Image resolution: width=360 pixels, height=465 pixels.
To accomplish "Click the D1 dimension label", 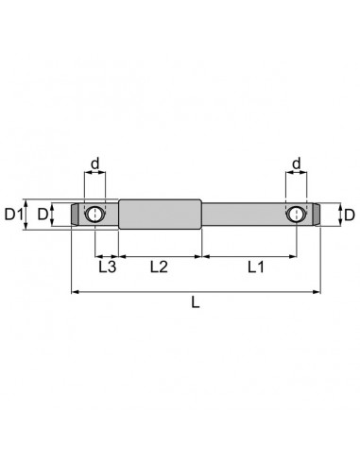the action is [14, 215].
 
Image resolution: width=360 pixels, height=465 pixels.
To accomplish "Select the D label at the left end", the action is [43, 215].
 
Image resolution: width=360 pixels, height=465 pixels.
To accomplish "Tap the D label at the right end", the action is [350, 215].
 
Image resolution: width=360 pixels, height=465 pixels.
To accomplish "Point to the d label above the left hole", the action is [94, 164].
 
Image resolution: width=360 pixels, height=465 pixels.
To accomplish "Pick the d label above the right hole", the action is [297, 164].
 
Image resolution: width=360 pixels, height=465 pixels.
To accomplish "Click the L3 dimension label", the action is [108, 267].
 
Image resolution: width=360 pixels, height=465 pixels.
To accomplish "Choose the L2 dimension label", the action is [159, 267].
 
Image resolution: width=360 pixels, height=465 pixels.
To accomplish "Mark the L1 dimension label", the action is [256, 267].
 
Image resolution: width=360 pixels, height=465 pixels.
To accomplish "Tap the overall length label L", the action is [196, 302].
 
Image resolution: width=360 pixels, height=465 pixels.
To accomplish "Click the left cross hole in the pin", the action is [94, 215].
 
